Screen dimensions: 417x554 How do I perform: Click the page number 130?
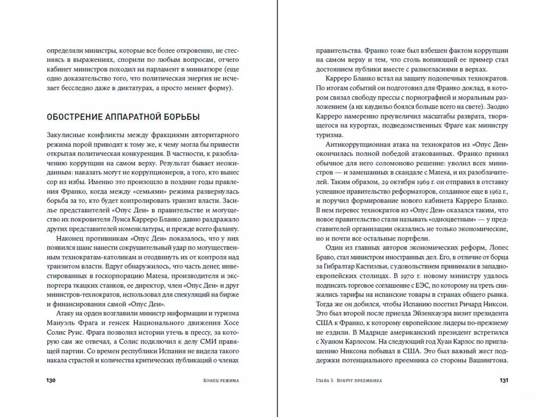click(x=50, y=381)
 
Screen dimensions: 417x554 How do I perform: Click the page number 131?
click(x=504, y=381)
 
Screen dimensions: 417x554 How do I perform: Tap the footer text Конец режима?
click(x=221, y=381)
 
